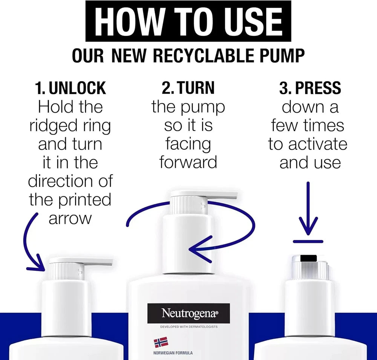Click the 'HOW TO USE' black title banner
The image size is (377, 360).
(188, 21)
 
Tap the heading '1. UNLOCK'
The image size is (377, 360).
(70, 88)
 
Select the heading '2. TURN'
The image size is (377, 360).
(188, 88)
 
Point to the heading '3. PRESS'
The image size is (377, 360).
(310, 88)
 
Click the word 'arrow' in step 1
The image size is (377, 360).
(70, 219)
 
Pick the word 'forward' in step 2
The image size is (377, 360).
(188, 162)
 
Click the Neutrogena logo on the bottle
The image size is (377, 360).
(189, 313)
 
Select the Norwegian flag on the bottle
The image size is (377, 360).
(161, 342)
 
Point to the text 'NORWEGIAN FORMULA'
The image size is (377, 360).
(173, 353)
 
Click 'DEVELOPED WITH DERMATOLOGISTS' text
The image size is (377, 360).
(189, 327)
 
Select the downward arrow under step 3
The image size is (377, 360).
(308, 209)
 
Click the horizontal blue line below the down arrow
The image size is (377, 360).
(308, 241)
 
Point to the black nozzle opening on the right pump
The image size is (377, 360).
(308, 258)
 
